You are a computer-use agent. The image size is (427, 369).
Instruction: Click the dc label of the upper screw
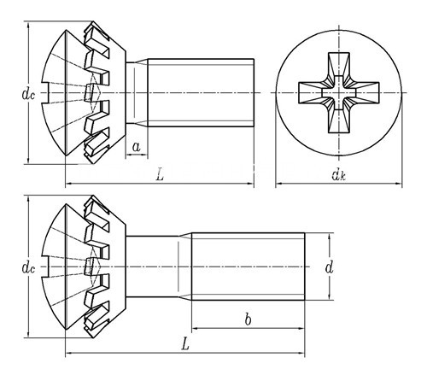point(28,94)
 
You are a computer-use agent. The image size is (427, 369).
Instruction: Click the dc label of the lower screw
point(28,268)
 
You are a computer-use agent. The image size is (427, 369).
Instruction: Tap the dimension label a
point(137,147)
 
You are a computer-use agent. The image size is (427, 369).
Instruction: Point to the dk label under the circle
point(339,174)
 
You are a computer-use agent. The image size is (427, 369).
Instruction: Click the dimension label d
point(329,267)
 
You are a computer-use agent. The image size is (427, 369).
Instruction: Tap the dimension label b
point(249,319)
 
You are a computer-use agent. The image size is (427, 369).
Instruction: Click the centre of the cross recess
point(339,93)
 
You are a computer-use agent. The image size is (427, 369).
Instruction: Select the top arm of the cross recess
point(339,65)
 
